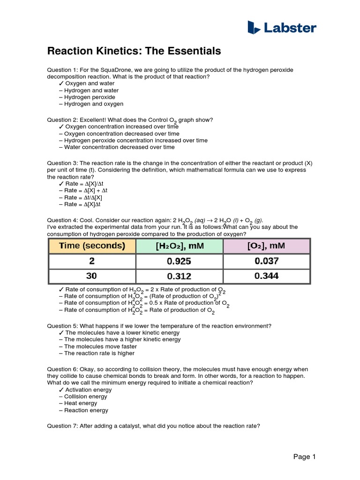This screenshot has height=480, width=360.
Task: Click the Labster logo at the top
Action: tap(281, 28)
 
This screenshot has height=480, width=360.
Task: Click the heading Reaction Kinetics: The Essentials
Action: tap(134, 51)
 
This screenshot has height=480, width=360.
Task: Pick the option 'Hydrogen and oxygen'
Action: tap(94, 104)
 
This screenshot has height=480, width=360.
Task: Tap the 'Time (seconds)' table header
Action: tap(92, 246)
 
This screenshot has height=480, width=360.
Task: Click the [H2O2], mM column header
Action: tap(179, 246)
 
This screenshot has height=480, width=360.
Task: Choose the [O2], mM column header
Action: tap(266, 246)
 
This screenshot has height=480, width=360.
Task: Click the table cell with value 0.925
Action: tap(179, 262)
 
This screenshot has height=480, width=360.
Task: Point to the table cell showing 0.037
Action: tap(266, 262)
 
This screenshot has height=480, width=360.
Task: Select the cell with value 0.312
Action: tap(179, 277)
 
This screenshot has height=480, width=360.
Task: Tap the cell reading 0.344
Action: tap(266, 277)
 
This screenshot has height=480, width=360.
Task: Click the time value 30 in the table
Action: tap(92, 277)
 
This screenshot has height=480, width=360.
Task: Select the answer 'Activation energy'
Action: tap(88, 390)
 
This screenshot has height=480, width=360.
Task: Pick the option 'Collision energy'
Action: tap(86, 396)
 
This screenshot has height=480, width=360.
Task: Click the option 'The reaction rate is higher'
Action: tap(99, 353)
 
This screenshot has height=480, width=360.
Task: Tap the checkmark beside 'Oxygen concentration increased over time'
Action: tap(61, 127)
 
